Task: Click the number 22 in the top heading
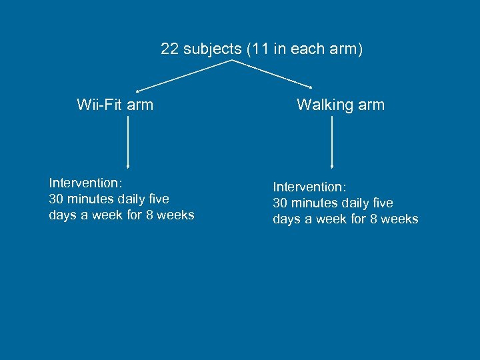(169, 49)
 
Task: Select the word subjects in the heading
(210, 49)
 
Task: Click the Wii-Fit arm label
(115, 105)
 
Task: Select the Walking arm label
(341, 105)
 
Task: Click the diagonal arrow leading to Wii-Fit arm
(183, 75)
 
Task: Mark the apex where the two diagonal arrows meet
(231, 61)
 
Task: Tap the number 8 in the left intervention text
(149, 215)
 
